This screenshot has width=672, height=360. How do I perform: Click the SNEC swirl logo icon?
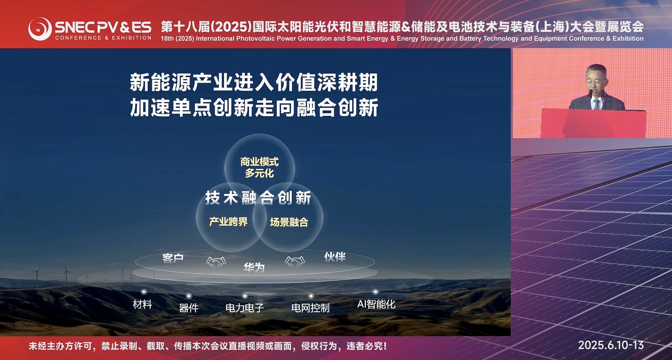pos(40,29)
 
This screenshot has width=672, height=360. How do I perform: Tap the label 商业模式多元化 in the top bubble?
pos(259,167)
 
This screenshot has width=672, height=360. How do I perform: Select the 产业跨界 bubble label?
pos(228,222)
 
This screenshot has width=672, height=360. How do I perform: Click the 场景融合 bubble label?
pos(289,222)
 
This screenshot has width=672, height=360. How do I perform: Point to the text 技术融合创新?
pos(258,198)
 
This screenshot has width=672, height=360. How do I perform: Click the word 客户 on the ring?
pos(173,258)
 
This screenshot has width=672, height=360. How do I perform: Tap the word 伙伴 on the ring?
pos(335,257)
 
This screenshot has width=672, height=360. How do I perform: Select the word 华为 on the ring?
pos(254,267)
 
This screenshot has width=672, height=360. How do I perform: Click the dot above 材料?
pos(144,292)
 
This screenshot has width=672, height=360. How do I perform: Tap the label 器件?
pos(189,308)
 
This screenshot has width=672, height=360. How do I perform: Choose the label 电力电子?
pos(245,308)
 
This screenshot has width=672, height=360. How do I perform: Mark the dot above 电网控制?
pos(311,296)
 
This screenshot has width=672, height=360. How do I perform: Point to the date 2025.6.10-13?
pos(611,346)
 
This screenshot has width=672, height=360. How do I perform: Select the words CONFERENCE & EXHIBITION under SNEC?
pos(103,38)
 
